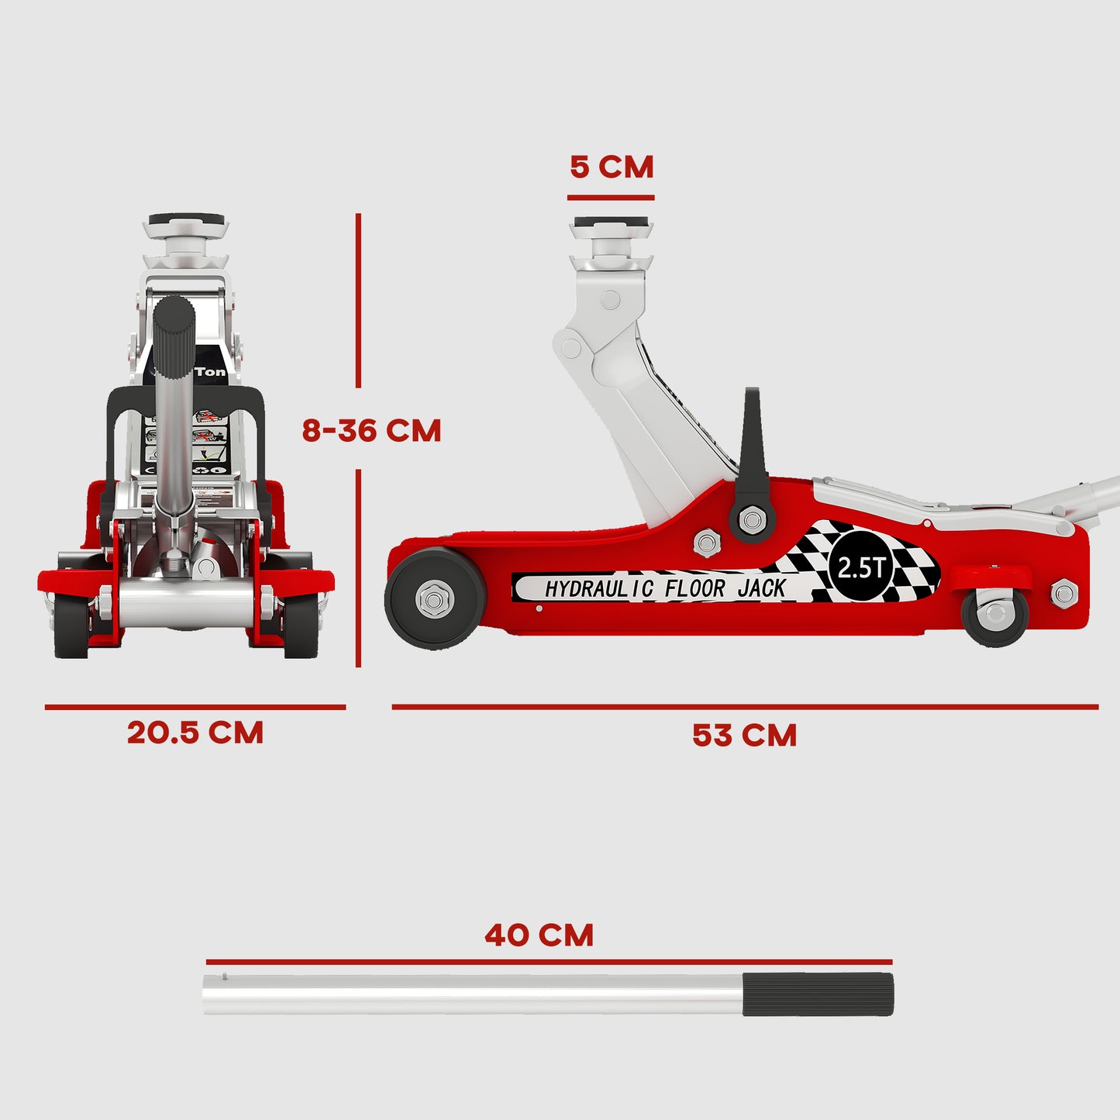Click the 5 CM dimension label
point(612,167)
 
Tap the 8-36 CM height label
point(371,431)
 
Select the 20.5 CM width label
point(195,733)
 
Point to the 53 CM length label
point(744,736)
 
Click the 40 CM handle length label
point(539,936)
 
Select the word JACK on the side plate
point(761,589)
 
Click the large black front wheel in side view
point(435,598)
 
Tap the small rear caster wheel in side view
point(994,615)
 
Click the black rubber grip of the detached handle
point(818,994)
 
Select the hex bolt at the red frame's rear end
point(1063,594)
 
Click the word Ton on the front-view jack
point(211,372)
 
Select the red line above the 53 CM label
point(744,707)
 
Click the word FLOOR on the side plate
point(694,589)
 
